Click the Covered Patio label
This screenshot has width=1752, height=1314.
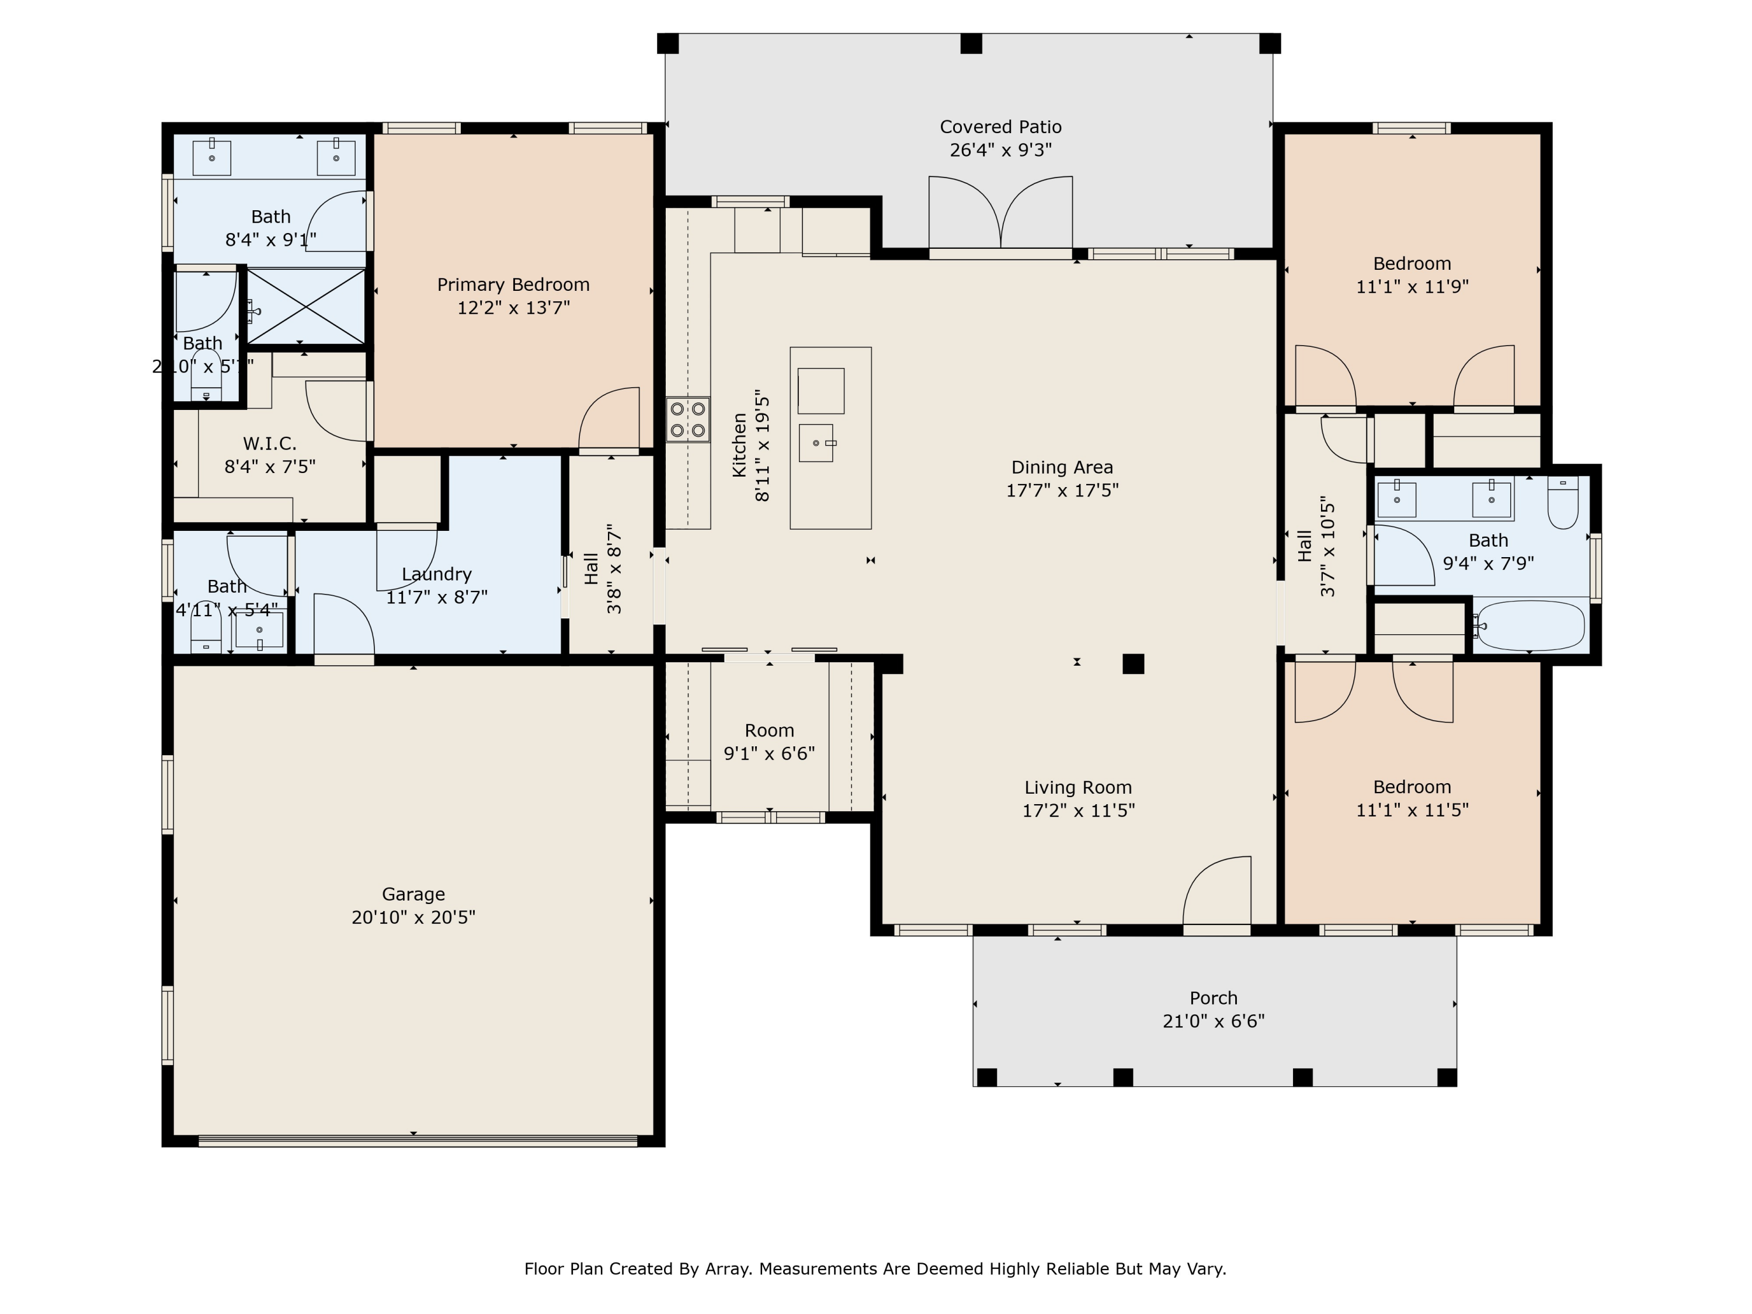[1000, 127]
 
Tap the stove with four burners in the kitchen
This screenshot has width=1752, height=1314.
[687, 420]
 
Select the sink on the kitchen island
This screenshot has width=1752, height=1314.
[816, 442]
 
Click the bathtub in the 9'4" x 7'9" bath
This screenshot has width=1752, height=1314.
[1530, 625]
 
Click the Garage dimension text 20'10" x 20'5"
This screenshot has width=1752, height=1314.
[413, 917]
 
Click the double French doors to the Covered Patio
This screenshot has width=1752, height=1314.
[1000, 212]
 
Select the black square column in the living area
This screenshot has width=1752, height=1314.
[1132, 664]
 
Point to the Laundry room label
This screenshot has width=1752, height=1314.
[436, 574]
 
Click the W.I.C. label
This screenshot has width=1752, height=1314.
[269, 443]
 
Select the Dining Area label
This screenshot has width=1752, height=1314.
[1061, 467]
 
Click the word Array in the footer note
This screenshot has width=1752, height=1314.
[726, 1269]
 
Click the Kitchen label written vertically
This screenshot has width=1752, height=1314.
[739, 444]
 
